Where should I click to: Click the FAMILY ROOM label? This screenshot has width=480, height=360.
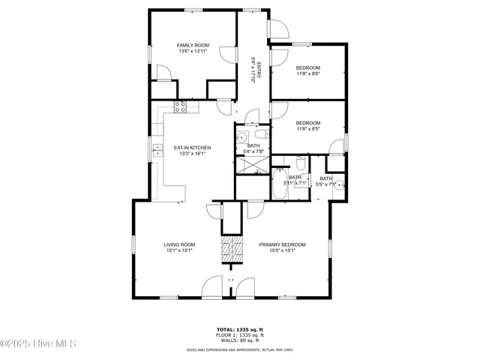(192, 45)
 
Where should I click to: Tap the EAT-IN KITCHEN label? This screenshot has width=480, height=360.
(192, 148)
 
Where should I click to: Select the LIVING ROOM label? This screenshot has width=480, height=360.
(180, 244)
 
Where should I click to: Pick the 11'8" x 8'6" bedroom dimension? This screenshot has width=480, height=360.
(308, 73)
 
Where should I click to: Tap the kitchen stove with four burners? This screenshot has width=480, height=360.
(180, 106)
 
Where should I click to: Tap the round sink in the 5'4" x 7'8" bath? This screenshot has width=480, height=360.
(243, 137)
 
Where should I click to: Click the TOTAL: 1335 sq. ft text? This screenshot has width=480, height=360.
(240, 329)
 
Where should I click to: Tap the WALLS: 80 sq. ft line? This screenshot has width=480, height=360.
(240, 341)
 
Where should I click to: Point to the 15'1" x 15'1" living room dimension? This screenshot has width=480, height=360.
(180, 250)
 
